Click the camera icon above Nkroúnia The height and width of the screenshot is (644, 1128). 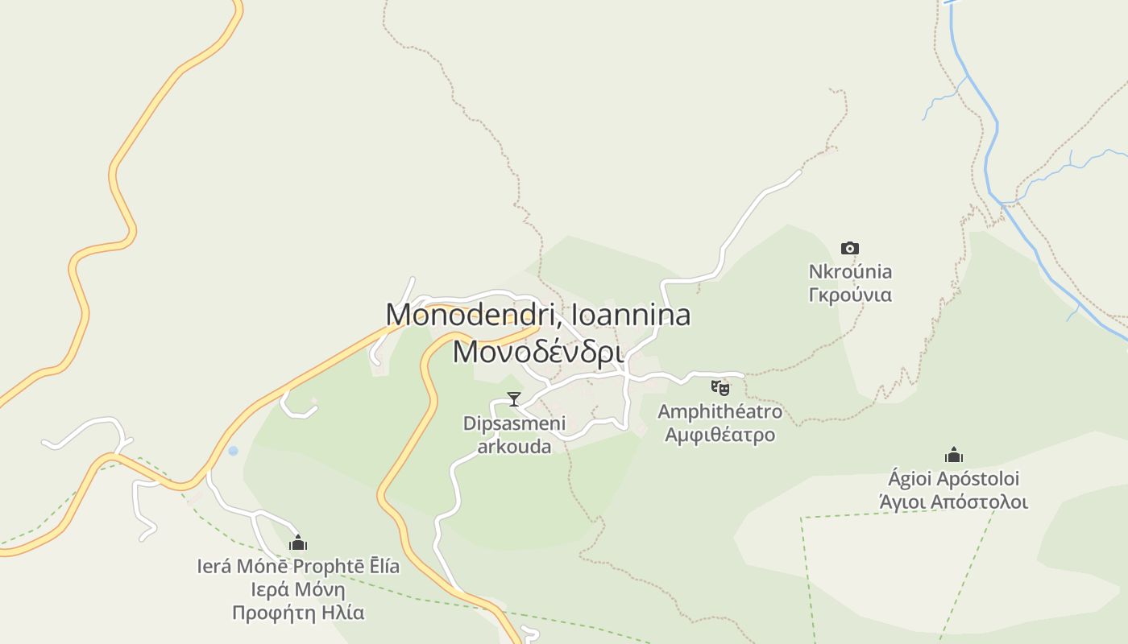[849, 248]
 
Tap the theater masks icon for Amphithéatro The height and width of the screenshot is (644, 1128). [720, 388]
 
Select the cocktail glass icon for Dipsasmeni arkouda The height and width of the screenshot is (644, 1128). [513, 398]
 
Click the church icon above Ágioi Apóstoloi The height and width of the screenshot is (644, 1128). [954, 456]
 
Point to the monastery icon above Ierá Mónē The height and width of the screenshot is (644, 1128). [298, 543]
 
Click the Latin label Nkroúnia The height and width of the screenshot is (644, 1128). [850, 271]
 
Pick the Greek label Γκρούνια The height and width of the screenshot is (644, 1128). [850, 295]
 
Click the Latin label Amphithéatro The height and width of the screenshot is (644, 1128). [720, 411]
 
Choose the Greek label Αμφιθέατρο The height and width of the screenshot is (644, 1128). [720, 435]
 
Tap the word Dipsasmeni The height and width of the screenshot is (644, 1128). [514, 423]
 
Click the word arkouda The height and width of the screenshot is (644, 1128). [514, 446]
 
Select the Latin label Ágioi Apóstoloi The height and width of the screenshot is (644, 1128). [953, 479]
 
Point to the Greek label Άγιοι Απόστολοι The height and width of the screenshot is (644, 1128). [953, 502]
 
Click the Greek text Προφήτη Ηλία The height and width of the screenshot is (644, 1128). [298, 613]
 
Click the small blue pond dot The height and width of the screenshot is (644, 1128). [233, 451]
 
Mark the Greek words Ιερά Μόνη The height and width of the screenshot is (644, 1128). [298, 589]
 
